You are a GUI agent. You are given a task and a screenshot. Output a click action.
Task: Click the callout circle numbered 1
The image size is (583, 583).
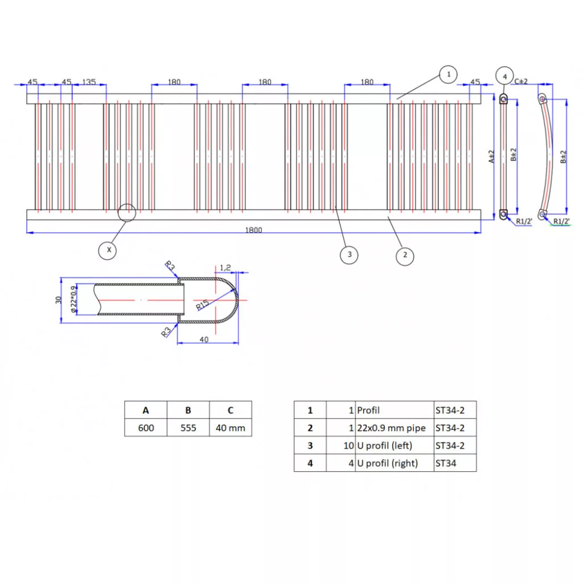click(x=449, y=74)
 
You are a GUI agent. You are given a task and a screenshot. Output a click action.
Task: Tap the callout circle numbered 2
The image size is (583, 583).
click(x=405, y=254)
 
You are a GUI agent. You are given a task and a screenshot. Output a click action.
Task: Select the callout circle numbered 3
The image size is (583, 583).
click(x=349, y=254)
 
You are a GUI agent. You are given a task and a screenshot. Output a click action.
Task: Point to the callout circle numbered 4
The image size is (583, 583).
click(x=503, y=75)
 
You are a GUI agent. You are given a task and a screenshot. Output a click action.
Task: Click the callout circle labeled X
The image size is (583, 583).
click(x=108, y=249)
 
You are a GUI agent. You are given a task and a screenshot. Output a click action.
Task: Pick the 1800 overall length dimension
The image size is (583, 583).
click(x=254, y=230)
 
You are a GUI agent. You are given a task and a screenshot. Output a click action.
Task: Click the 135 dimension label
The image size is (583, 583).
click(x=89, y=82)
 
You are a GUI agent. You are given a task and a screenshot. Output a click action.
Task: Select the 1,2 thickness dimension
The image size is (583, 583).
click(x=225, y=267)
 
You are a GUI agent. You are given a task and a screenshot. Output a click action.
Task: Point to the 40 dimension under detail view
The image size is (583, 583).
click(x=204, y=339)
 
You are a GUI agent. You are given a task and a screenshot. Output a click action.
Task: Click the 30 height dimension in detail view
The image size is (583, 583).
click(x=58, y=300)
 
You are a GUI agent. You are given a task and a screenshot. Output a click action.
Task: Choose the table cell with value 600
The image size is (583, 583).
click(x=146, y=428)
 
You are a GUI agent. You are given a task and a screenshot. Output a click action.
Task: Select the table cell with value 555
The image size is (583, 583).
click(x=188, y=428)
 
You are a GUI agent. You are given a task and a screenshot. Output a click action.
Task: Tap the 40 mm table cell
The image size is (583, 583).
click(x=230, y=428)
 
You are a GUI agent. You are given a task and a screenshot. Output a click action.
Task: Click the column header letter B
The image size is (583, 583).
click(x=188, y=410)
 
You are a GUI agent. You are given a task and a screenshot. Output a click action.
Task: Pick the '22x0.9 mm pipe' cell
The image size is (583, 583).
click(x=394, y=428)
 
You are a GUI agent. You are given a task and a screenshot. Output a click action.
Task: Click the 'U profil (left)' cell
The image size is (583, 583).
click(x=394, y=445)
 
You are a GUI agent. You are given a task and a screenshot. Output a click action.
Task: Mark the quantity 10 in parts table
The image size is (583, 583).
click(x=348, y=445)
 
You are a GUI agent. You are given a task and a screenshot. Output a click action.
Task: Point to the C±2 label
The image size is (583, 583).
click(x=521, y=81)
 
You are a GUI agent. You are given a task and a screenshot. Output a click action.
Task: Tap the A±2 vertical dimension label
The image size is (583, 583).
click(x=491, y=157)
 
